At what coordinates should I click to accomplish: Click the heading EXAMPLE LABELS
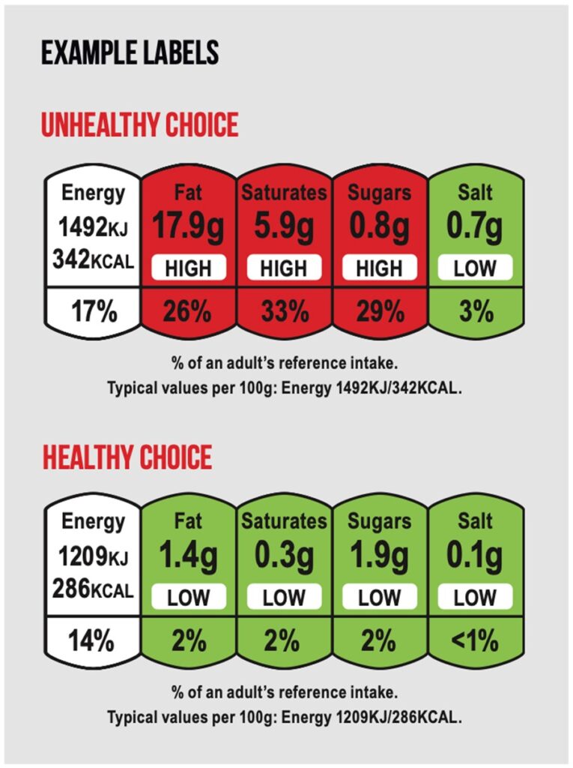130,53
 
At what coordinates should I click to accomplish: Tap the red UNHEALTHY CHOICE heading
139,125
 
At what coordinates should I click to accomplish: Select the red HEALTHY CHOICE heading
127,457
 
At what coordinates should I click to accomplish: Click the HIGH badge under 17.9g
188,268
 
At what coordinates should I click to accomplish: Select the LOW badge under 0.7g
475,268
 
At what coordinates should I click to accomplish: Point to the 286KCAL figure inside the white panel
93,589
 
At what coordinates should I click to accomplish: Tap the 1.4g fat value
188,556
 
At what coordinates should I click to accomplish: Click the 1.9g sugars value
379,556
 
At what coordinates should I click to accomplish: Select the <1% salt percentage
475,642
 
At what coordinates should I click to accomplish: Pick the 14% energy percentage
93,642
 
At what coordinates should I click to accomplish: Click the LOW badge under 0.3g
284,598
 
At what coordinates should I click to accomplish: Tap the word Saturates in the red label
284,193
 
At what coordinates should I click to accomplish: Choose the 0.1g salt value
475,556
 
